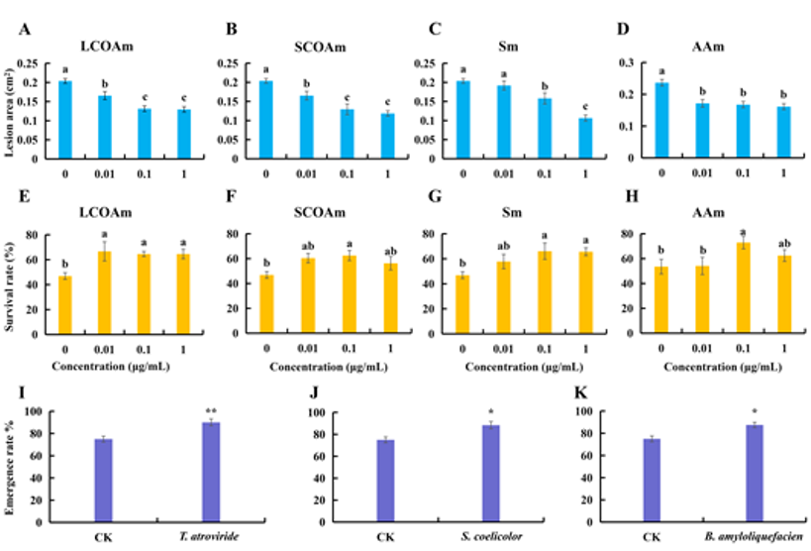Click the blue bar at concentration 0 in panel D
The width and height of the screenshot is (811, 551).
point(661,120)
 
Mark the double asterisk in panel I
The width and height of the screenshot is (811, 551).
point(210,411)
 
